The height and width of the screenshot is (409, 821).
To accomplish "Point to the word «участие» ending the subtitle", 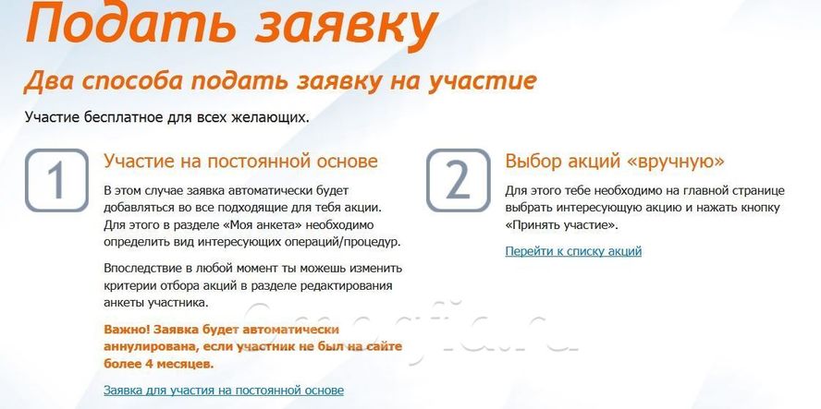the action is click(x=483, y=81).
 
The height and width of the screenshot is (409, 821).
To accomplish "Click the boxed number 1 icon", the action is click(x=56, y=180).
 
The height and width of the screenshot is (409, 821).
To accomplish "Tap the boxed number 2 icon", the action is click(x=459, y=180).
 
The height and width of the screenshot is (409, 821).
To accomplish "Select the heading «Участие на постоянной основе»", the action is click(x=241, y=161).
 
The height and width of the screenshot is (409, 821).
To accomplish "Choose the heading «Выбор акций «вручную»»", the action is click(x=615, y=161).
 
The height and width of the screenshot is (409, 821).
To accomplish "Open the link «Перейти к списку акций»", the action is click(x=573, y=251).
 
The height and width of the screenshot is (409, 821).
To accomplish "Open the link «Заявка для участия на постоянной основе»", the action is click(x=224, y=391).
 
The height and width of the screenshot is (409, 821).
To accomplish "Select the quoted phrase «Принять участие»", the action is click(x=562, y=226).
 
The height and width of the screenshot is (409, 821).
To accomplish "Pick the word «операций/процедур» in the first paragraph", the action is click(x=341, y=243).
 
